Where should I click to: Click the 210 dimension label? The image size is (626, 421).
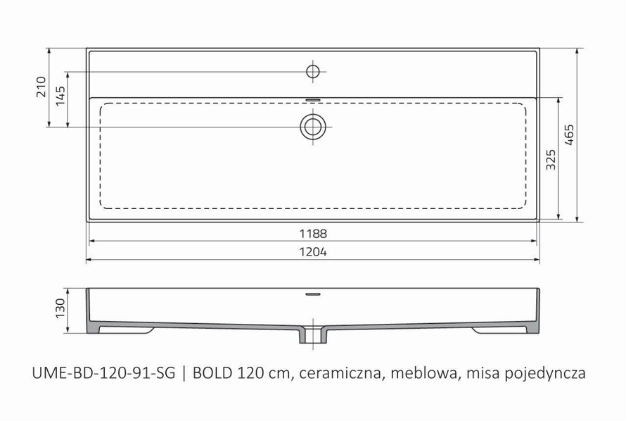41,87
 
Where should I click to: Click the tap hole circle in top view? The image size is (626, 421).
313,70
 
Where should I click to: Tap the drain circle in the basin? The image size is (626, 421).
313,126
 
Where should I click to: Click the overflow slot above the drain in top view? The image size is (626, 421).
313,99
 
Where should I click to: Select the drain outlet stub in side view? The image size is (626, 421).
313,335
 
